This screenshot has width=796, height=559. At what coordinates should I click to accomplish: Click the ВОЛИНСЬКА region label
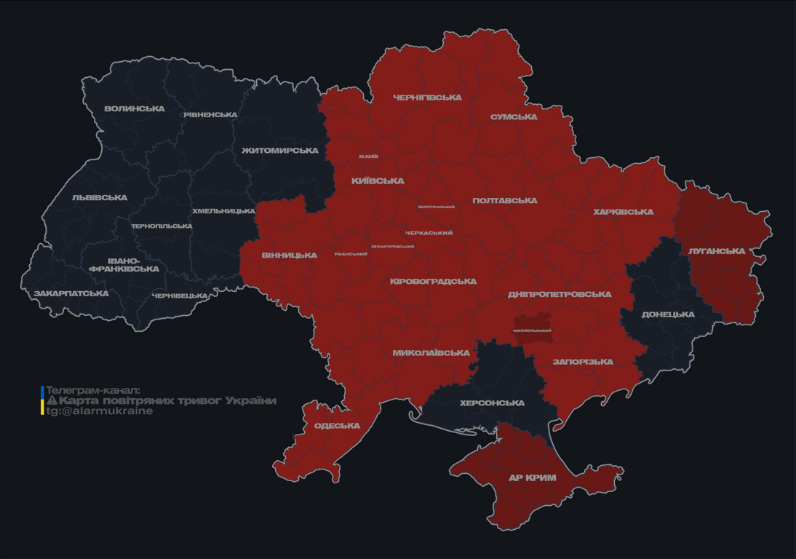pos(135,109)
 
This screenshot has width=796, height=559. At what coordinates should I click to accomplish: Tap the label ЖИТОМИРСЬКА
pos(280,151)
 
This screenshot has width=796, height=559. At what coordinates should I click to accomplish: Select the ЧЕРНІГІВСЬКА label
pos(427,98)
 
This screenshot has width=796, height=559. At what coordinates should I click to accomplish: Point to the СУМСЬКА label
pos(514,117)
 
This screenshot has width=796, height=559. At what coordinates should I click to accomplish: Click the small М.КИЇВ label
pos(368,156)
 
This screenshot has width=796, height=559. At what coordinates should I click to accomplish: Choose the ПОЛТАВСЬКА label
pos(505,201)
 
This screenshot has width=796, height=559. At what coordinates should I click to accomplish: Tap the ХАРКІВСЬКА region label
pos(623,213)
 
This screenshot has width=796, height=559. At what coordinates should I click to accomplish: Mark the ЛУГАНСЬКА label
pos(717,251)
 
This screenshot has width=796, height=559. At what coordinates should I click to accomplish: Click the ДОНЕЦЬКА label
pos(668,315)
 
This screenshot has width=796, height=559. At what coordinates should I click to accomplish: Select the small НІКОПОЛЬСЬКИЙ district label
pos(532,330)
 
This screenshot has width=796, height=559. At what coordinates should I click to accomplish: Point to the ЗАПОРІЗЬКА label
pos(583,362)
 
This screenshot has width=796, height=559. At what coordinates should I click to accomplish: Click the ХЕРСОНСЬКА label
pos(493,403)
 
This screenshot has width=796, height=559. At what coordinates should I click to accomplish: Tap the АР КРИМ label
pos(532,478)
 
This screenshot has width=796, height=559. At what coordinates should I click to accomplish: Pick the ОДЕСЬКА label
pos(337,426)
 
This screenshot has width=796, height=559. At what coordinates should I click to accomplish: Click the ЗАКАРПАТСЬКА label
pos(71,294)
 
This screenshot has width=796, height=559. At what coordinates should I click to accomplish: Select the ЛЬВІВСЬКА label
pos(100,198)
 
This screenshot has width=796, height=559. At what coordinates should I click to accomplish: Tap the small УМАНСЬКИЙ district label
pos(351,254)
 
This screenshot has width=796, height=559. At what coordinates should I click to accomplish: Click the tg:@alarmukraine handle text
pos(100,411)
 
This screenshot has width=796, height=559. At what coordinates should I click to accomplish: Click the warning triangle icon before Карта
pos(52,400)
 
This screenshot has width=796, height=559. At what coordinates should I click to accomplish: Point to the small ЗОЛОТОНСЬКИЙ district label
pos(436,207)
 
